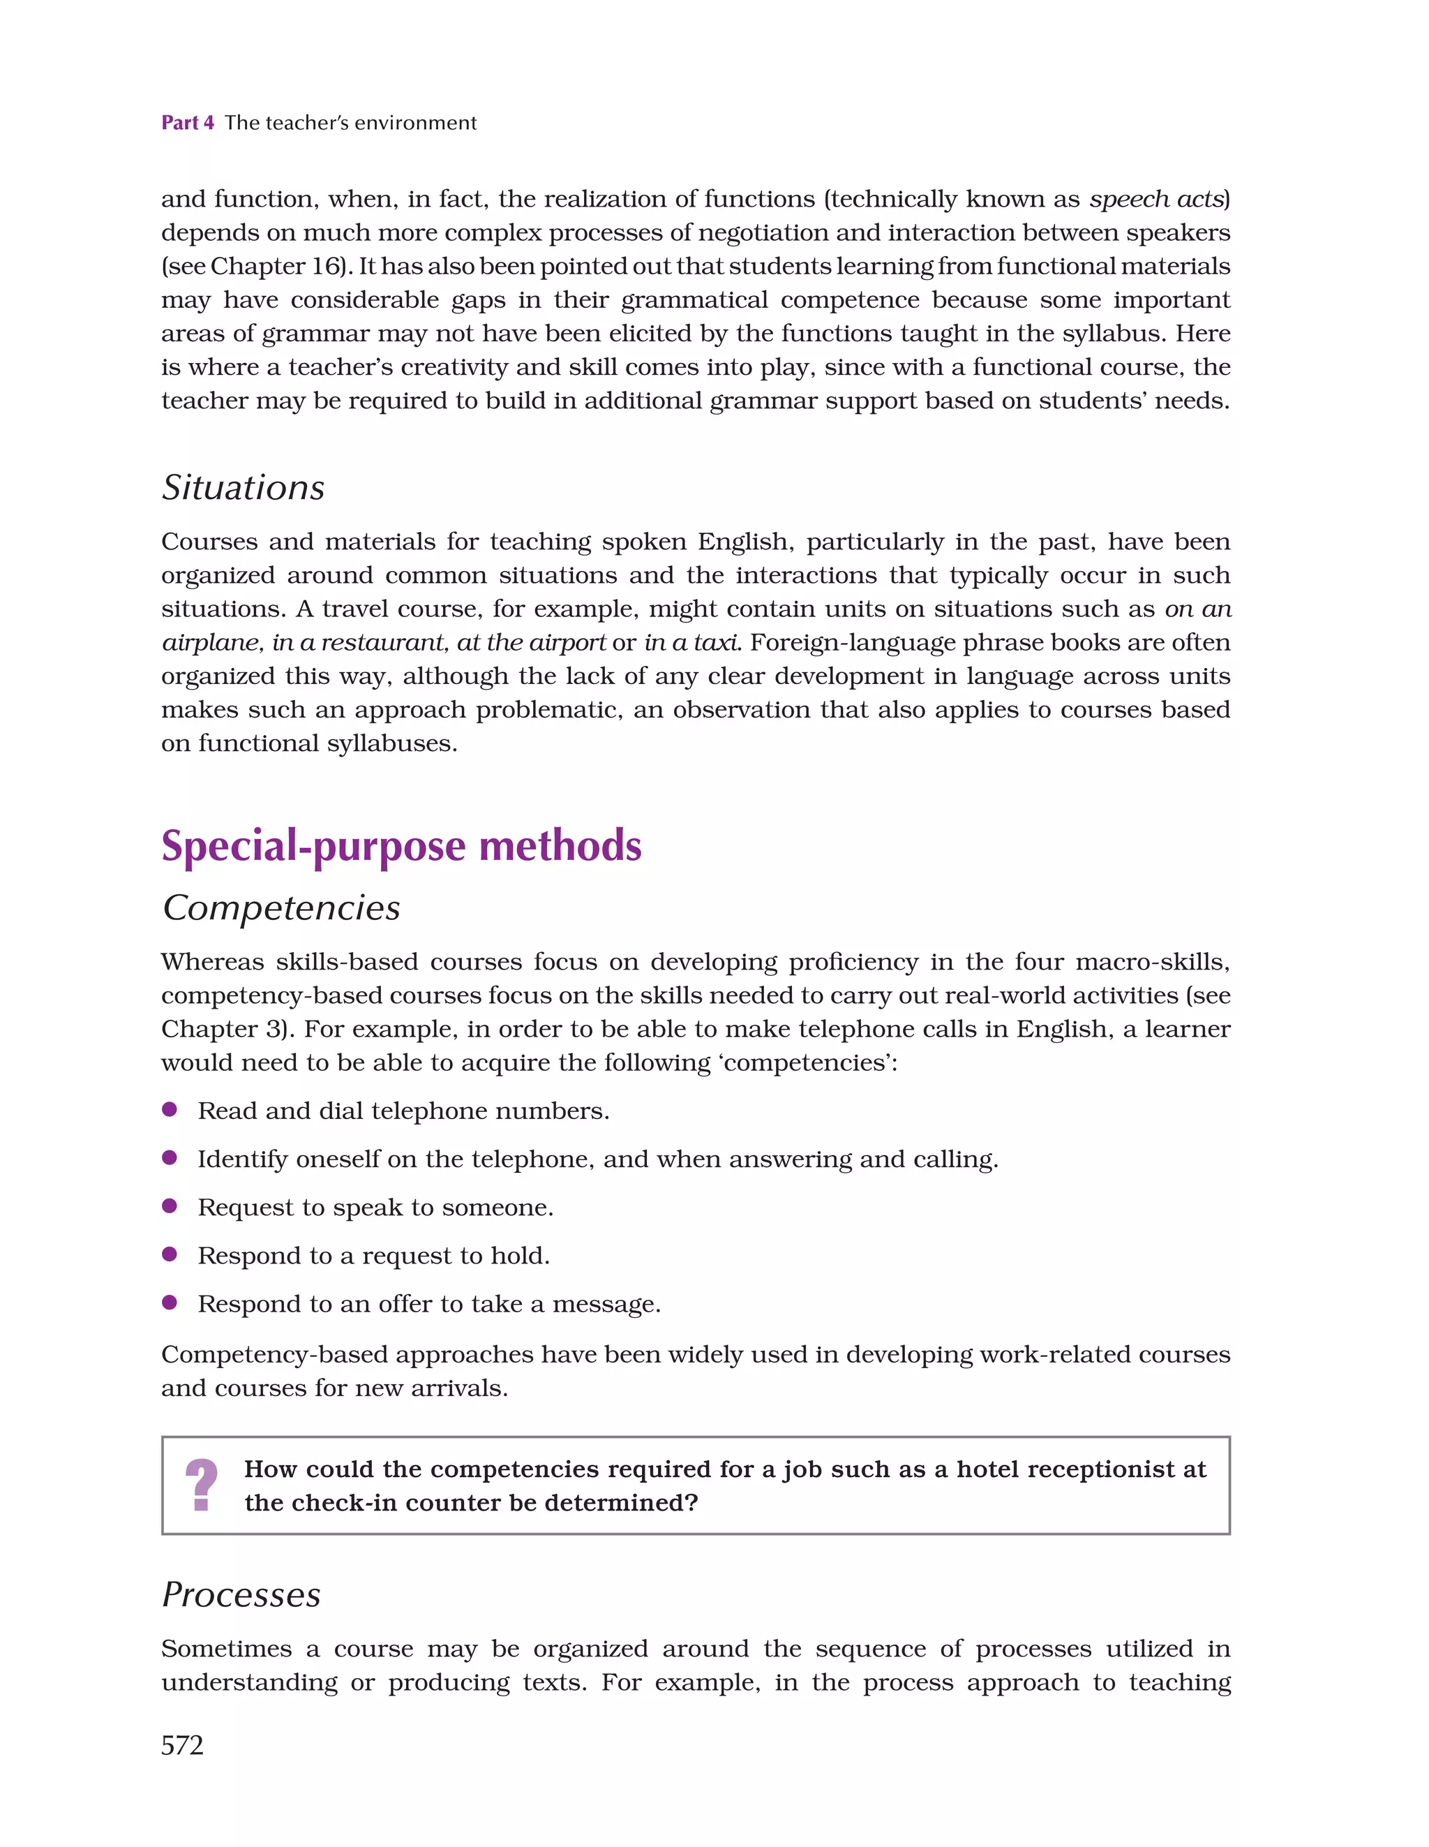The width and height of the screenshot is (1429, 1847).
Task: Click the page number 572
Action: [x=182, y=1744]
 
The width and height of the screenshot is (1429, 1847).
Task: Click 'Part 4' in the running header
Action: [x=188, y=123]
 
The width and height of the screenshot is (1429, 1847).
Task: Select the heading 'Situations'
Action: [x=243, y=487]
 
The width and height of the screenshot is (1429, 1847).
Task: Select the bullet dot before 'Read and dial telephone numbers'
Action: [x=169, y=1108]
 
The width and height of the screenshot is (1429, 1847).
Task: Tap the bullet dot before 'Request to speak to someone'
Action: [x=169, y=1205]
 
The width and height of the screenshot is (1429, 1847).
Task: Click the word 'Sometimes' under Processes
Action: [x=226, y=1648]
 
